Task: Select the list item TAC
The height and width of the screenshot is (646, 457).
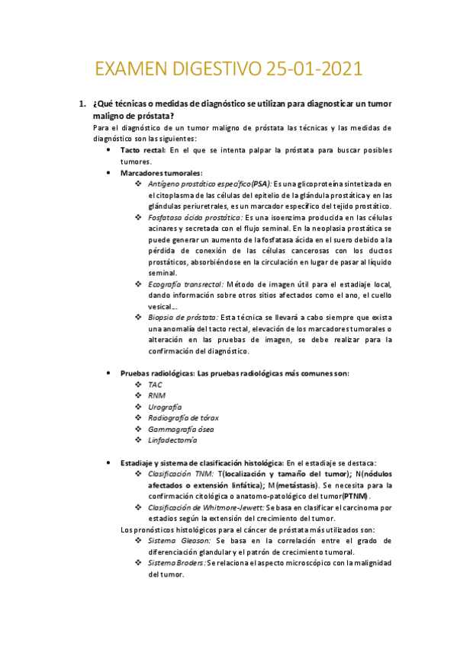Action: (x=156, y=385)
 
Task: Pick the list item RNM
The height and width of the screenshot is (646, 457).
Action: (x=156, y=396)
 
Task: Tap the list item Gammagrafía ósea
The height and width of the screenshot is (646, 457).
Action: (x=181, y=429)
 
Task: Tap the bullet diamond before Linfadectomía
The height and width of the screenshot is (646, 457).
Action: (x=138, y=440)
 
